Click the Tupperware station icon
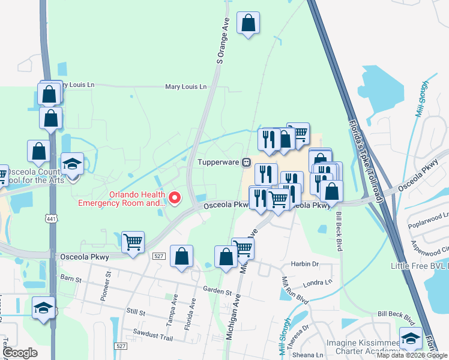(x=246, y=162)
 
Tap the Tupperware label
(x=219, y=162)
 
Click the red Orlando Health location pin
(x=175, y=197)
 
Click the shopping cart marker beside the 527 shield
(x=132, y=242)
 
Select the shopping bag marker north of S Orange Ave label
(x=249, y=23)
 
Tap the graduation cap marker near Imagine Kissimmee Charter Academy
(x=411, y=338)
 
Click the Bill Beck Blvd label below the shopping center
(x=342, y=223)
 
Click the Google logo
(x=20, y=353)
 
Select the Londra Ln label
(x=319, y=281)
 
